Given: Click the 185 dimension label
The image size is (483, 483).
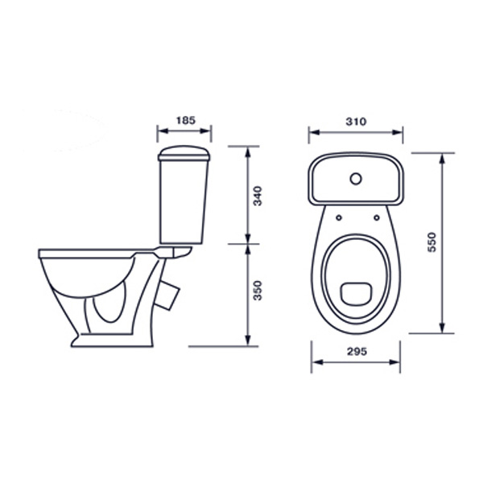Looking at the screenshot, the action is click(x=186, y=120).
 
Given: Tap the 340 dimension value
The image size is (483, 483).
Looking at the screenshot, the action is click(x=257, y=196).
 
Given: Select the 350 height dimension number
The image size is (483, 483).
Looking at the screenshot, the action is click(x=257, y=291).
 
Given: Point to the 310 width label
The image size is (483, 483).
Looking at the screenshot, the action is click(x=356, y=122).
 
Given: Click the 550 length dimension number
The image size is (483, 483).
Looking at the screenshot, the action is click(x=432, y=242).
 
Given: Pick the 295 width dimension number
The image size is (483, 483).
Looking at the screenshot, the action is click(x=357, y=351).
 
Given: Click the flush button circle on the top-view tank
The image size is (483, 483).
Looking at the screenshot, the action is click(x=356, y=179).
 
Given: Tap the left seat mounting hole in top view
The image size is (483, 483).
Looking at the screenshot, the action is click(x=339, y=218).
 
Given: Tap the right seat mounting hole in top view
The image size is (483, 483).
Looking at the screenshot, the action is click(x=377, y=218).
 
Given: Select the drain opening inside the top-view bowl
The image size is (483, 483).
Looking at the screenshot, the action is click(x=356, y=293).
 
